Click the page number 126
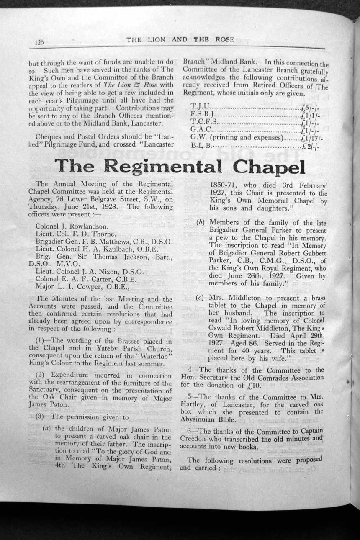point(39,42)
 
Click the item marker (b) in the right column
point(201,223)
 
